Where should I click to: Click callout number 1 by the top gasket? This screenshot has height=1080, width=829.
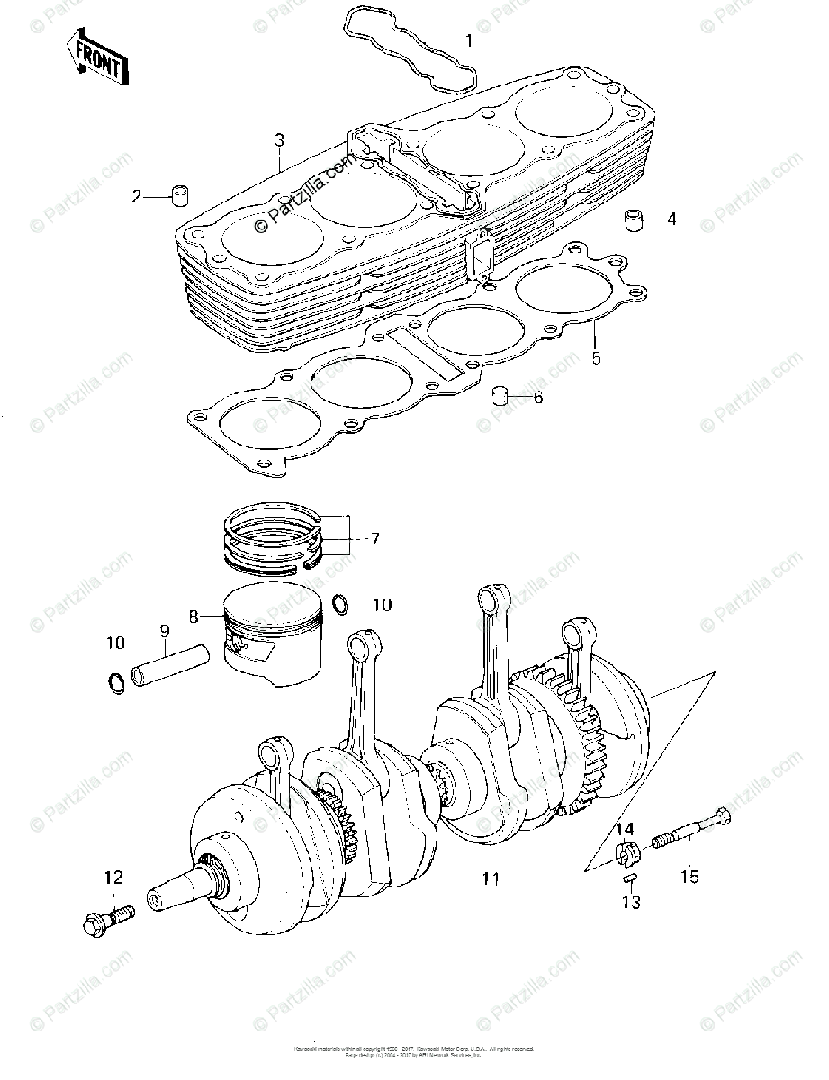pos(467,40)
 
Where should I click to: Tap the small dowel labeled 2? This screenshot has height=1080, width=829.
pos(181,194)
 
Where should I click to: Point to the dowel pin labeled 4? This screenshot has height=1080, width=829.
pos(613,219)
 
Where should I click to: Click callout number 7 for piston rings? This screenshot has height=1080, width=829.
pos(374,540)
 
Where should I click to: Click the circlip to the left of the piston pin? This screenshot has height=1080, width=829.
pos(116,683)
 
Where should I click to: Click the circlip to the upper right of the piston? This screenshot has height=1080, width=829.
pos(340,602)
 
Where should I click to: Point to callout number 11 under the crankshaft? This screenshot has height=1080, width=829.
pos(490,878)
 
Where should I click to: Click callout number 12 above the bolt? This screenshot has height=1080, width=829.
pos(113,877)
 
